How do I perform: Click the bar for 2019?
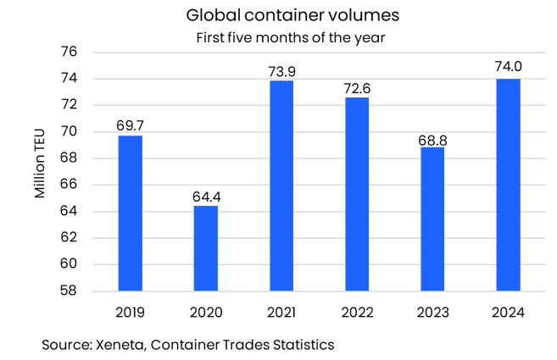(x=130, y=213)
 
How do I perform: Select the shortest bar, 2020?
(x=205, y=247)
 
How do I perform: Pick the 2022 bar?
(x=357, y=193)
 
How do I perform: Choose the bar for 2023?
(x=432, y=219)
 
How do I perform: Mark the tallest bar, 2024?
(x=507, y=184)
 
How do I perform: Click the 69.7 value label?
(x=130, y=125)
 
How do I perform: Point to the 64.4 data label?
(x=205, y=196)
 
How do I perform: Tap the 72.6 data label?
(x=357, y=87)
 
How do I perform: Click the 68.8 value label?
(x=432, y=137)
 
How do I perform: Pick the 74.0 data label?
(x=507, y=69)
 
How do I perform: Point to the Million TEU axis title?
(x=40, y=171)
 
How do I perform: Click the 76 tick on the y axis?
(x=70, y=53)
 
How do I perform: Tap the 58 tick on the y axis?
(x=70, y=291)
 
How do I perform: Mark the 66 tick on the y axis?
(x=70, y=185)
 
